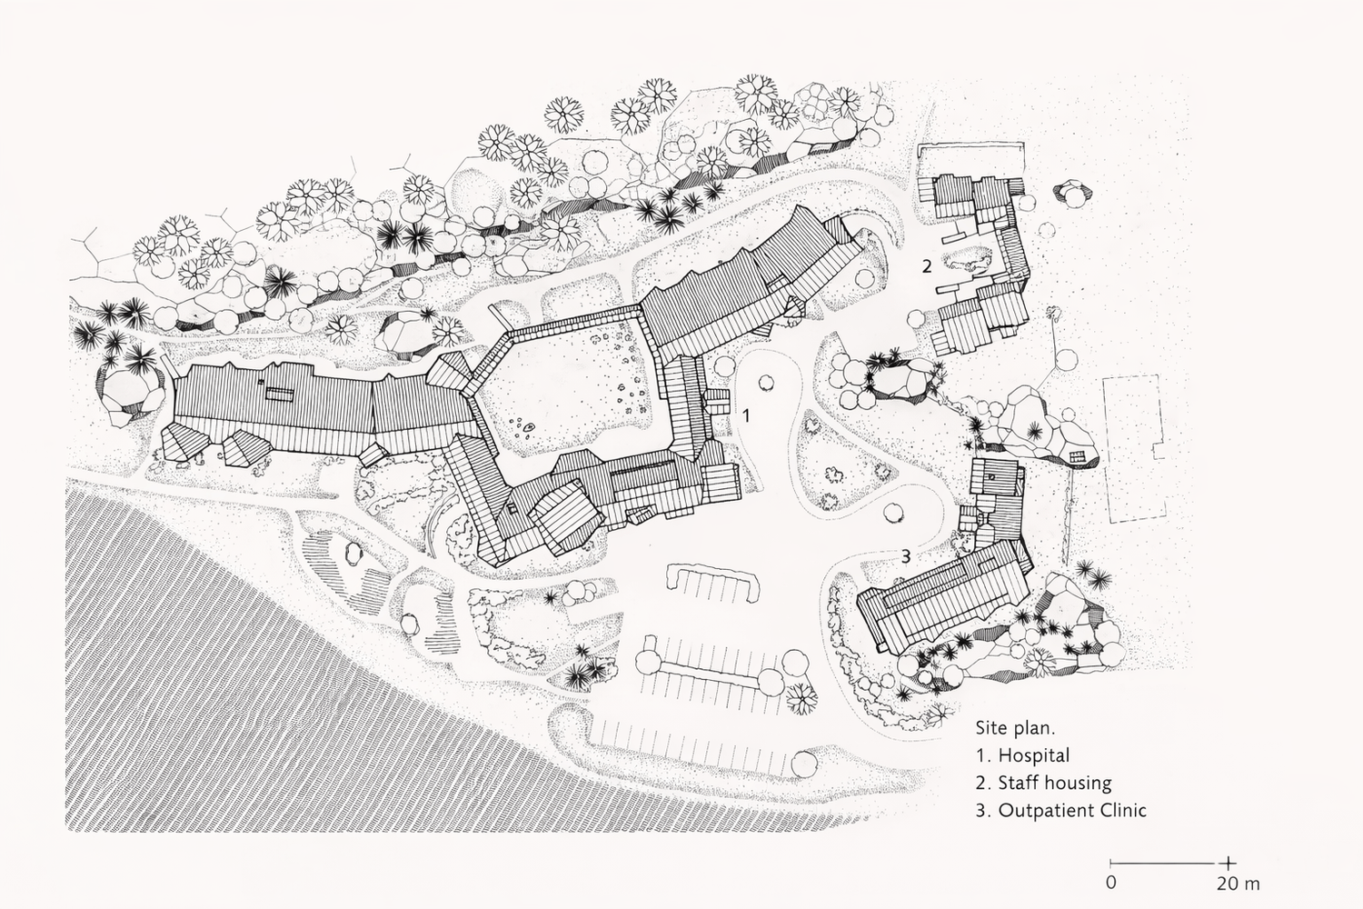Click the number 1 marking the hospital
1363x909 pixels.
(746, 415)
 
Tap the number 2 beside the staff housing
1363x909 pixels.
(926, 266)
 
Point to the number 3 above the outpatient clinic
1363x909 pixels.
(905, 556)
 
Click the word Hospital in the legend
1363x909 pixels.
(1033, 755)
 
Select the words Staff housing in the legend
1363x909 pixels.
(1054, 783)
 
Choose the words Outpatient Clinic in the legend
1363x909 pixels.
(1072, 810)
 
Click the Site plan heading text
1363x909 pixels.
(1015, 728)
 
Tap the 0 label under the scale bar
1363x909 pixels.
(1110, 883)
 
